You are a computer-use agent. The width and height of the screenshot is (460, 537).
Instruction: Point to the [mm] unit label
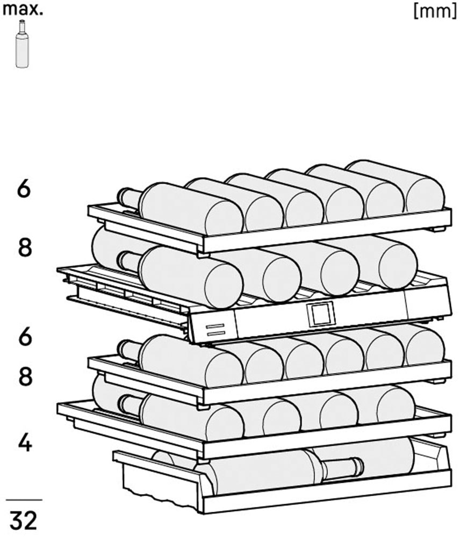tap(435, 11)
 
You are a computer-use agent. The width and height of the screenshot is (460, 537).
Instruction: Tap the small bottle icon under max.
tap(22, 43)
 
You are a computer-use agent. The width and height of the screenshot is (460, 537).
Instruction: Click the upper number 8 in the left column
tap(25, 247)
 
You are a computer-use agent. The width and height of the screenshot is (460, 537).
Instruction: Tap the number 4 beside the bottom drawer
tap(25, 442)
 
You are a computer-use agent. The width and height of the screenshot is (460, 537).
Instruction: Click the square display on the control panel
tap(321, 314)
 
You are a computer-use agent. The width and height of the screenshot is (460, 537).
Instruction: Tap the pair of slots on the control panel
tap(215, 329)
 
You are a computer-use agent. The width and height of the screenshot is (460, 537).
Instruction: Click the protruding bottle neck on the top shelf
tap(129, 199)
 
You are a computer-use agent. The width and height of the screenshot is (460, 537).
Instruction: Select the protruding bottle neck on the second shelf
tap(129, 262)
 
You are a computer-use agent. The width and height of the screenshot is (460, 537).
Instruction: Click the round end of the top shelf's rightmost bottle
tap(425, 194)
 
